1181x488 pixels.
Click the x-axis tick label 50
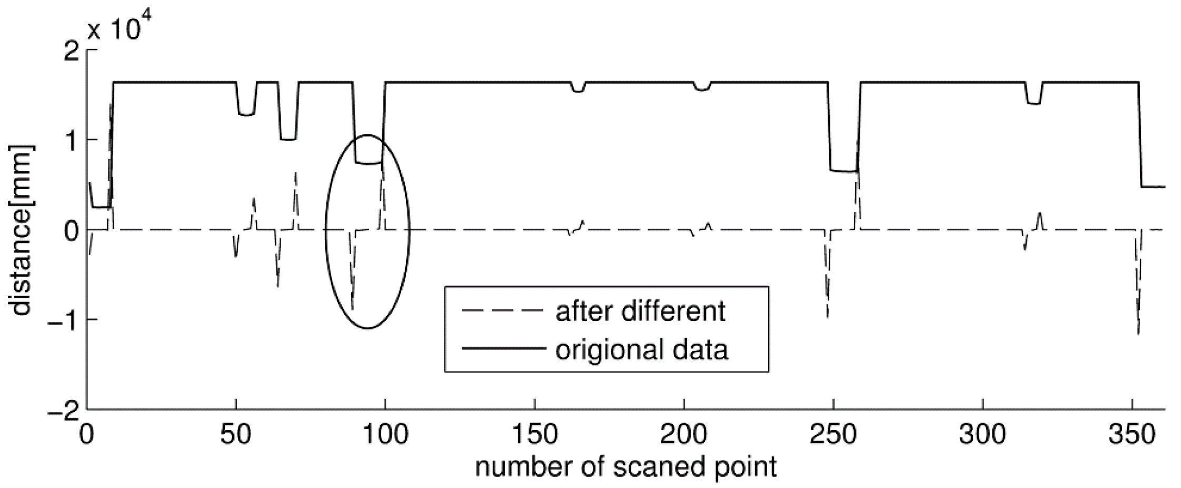tap(236, 435)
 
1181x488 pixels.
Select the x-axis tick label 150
tap(534, 435)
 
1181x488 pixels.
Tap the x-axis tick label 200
tap(684, 435)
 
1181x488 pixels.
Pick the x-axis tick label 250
tap(833, 435)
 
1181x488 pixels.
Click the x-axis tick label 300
tap(983, 435)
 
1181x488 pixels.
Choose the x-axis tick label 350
tap(1132, 435)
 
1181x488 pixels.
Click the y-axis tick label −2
tap(63, 409)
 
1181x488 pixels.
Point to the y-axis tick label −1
tap(63, 320)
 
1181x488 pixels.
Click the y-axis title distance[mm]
tap(22, 230)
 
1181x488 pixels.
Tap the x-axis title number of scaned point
tap(626, 467)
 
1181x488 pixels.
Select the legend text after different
tap(640, 311)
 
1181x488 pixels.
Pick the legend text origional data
tap(641, 350)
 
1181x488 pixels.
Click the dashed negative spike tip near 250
tap(828, 317)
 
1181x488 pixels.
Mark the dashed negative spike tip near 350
tap(1138, 334)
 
